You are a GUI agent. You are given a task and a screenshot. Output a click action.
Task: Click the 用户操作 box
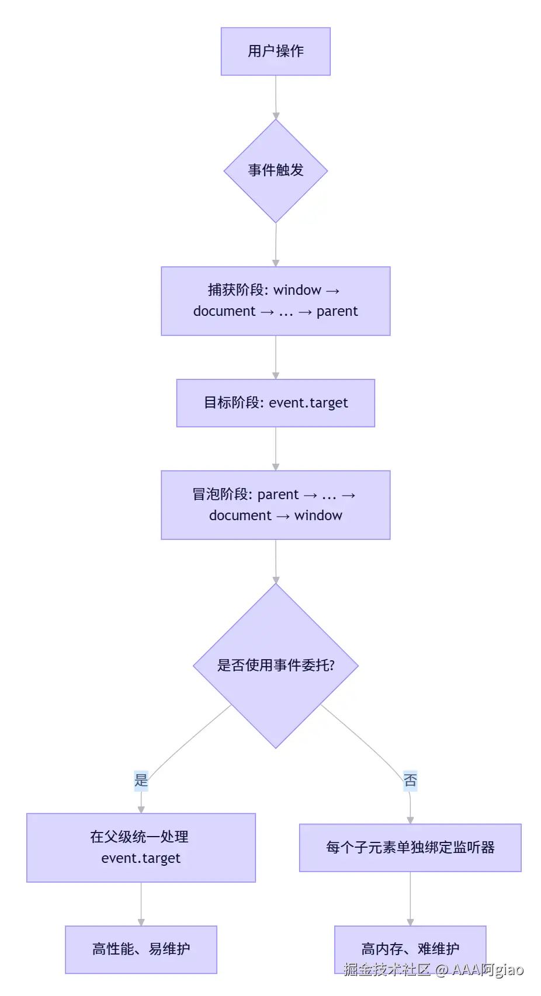pyautogui.click(x=275, y=51)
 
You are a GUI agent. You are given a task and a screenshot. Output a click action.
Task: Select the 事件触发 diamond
pyautogui.click(x=275, y=170)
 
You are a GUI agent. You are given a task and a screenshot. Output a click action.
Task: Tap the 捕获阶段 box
pyautogui.click(x=275, y=301)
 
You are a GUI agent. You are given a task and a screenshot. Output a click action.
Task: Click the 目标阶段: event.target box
pyautogui.click(x=275, y=403)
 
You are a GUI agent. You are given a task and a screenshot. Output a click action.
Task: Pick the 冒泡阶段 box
pyautogui.click(x=275, y=504)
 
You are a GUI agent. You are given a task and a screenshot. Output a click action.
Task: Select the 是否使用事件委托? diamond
pyautogui.click(x=275, y=666)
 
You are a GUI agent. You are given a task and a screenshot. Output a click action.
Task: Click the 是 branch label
pyautogui.click(x=141, y=780)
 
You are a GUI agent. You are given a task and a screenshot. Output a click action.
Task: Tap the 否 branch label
pyautogui.click(x=410, y=781)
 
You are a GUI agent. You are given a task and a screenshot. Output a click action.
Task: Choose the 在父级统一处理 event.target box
pyautogui.click(x=141, y=847)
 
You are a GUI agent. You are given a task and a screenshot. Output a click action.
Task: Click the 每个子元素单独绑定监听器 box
pyautogui.click(x=410, y=847)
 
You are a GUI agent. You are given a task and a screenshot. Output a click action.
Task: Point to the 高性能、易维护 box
pyautogui.click(x=141, y=949)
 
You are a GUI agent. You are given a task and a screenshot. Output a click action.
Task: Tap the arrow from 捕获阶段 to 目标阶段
pyautogui.click(x=276, y=357)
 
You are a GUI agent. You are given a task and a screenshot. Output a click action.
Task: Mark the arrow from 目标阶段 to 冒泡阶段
pyautogui.click(x=276, y=448)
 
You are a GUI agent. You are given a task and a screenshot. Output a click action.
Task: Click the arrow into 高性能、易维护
pyautogui.click(x=141, y=904)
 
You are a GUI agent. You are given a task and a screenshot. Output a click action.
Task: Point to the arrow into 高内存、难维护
pyautogui.click(x=410, y=899)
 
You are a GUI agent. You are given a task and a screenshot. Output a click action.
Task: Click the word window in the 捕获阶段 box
pyautogui.click(x=297, y=290)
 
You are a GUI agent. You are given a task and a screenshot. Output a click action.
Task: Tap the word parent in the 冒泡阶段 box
pyautogui.click(x=278, y=494)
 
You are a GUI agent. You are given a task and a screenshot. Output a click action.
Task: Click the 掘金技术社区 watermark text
pyautogui.click(x=387, y=970)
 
